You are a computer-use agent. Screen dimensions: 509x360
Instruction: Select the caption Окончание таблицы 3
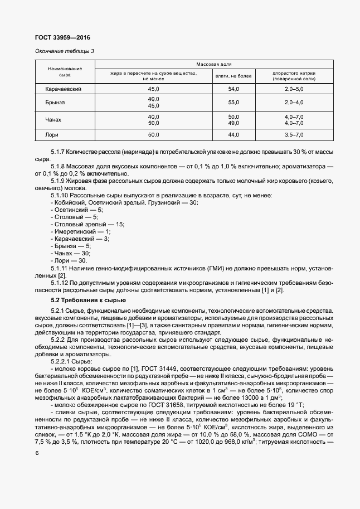(65, 51)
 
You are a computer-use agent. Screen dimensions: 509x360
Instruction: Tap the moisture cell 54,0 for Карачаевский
(234, 89)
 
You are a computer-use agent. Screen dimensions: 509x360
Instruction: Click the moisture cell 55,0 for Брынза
(234, 103)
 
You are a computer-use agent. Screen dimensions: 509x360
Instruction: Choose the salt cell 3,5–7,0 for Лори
(294, 134)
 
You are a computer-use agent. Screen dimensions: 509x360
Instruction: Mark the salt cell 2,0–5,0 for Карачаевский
(294, 89)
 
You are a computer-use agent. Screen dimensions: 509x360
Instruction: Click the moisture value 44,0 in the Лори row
(234, 134)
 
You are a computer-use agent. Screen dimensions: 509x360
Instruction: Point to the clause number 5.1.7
(58, 152)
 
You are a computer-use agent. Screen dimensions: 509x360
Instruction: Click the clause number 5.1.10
(60, 195)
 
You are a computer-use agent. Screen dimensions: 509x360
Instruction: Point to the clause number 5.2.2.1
(61, 361)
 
